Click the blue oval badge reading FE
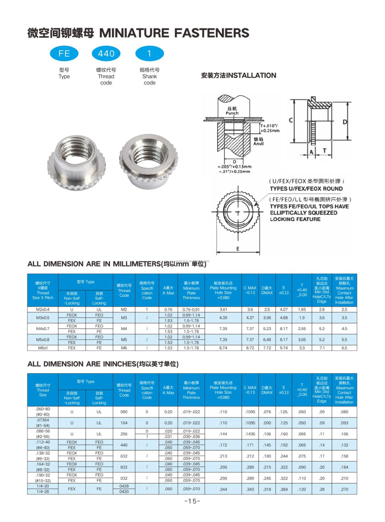point(64,54)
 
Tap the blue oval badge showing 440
point(106,54)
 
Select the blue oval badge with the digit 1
point(149,54)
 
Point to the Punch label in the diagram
point(232,113)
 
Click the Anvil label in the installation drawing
point(258,143)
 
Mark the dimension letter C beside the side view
point(291,121)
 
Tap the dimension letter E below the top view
point(238,249)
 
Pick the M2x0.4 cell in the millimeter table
point(42,309)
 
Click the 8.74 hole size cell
point(223,348)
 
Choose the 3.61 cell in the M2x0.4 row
point(223,309)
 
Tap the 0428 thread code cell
point(124,486)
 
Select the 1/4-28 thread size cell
point(42,492)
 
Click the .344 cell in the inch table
point(223,489)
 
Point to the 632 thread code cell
point(124,456)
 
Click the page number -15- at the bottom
point(192,501)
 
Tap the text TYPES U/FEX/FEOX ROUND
point(306,189)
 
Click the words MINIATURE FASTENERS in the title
point(174,33)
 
